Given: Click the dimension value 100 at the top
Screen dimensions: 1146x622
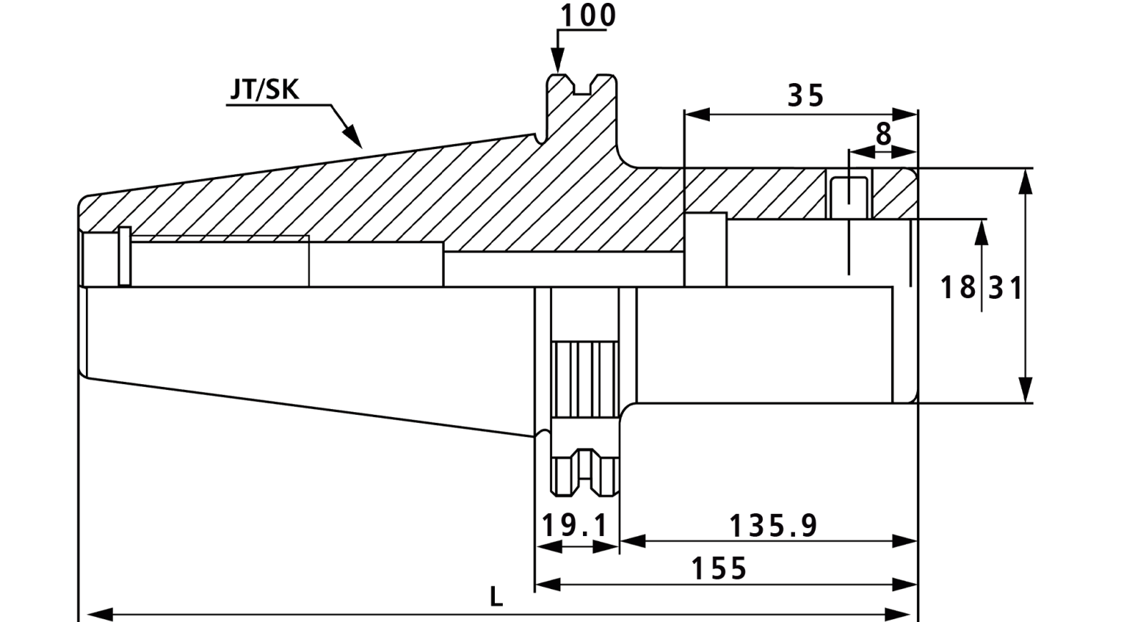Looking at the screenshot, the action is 588,15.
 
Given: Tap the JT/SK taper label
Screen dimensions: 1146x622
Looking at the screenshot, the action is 264,90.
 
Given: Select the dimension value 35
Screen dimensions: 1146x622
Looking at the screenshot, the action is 806,95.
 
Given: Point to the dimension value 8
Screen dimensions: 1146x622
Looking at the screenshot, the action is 884,134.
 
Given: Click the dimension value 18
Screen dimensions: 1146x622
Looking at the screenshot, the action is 958,287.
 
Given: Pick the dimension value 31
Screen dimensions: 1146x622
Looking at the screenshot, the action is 1006,287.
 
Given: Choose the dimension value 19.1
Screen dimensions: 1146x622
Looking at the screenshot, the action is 574,526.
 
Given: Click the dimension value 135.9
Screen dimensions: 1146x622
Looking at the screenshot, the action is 773,526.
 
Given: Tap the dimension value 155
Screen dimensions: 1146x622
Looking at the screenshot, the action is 719,568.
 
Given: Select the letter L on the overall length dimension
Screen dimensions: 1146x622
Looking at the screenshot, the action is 496,596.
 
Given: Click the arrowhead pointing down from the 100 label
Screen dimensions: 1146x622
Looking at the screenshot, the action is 558,61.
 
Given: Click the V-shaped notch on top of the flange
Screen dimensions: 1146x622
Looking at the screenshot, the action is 582,87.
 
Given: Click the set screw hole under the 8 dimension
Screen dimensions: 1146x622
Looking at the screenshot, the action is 849,198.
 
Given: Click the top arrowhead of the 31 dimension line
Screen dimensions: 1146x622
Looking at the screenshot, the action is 1025,182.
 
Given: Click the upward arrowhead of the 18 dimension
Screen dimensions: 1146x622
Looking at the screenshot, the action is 981,232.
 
